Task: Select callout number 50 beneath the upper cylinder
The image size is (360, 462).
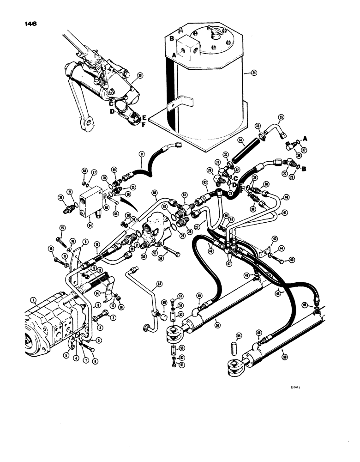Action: pyautogui.click(x=217, y=325)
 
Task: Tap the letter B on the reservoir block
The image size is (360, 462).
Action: pyautogui.click(x=171, y=39)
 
